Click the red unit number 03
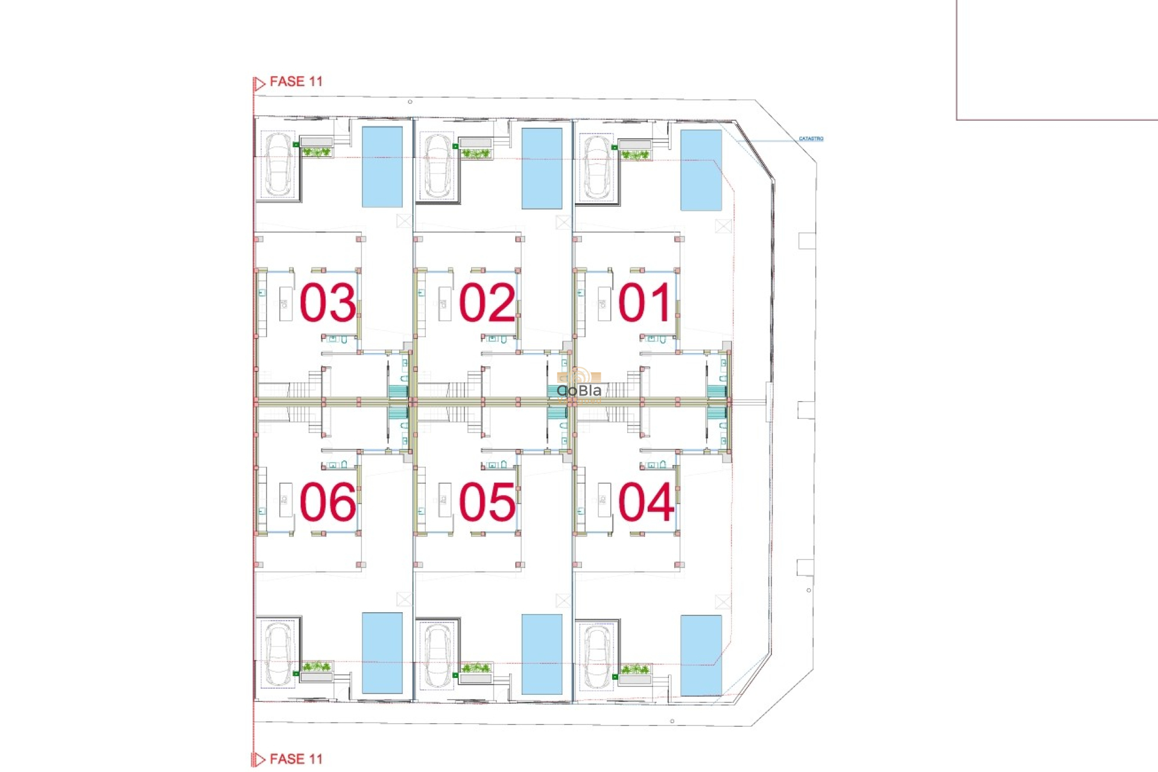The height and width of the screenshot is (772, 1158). pos(327,302)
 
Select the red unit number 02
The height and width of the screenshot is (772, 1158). pos(487,302)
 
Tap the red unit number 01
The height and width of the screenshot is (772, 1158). pos(645,302)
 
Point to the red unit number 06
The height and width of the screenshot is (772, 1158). pos(327,502)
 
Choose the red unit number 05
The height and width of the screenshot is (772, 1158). pos(487,502)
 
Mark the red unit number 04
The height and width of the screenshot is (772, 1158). pos(646,502)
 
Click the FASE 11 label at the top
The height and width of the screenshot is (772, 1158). pos(296,81)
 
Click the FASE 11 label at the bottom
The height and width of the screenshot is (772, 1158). pos(296,759)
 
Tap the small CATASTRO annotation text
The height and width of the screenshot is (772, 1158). pos(811,139)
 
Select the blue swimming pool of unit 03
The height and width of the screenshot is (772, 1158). pos(382,167)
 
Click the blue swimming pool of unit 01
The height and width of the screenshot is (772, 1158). pos(701,170)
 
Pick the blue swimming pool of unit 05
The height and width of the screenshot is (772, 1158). pos(542,654)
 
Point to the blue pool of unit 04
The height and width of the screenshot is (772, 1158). pos(701,655)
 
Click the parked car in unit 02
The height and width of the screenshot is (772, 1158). pos(437,165)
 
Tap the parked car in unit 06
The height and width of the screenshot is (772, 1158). pos(278,654)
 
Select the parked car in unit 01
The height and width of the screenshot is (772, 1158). pos(596,167)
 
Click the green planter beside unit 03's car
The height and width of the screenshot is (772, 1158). pos(316,152)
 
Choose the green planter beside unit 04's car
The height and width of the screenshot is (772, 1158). pos(635,669)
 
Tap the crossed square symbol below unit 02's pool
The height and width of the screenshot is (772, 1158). pos(563,223)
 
